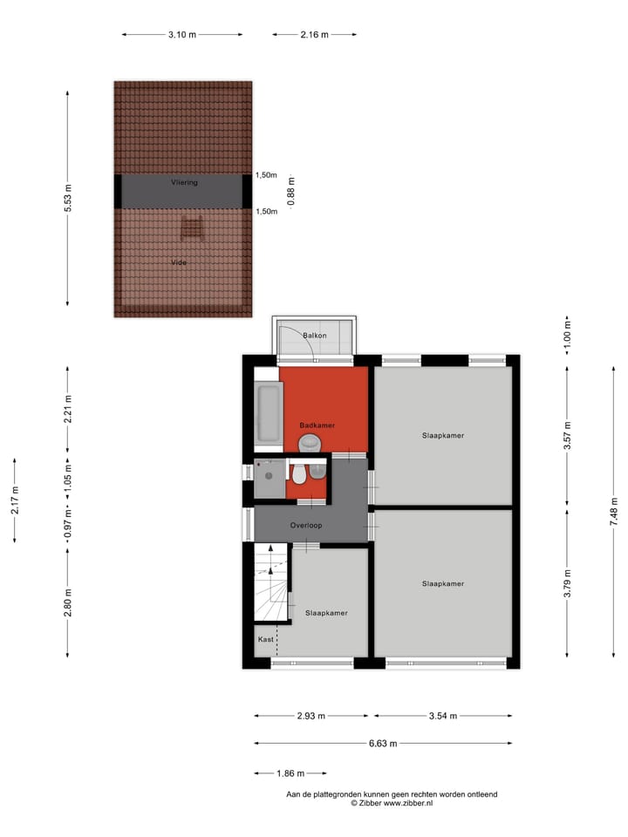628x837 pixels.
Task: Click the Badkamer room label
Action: pyautogui.click(x=317, y=425)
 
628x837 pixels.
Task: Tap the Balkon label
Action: pyautogui.click(x=315, y=336)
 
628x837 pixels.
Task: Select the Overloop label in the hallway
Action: pyautogui.click(x=307, y=526)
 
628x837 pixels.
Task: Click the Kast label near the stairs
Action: pyautogui.click(x=265, y=639)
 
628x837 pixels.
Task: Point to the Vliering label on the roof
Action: pyautogui.click(x=184, y=183)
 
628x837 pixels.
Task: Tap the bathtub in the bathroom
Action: pyautogui.click(x=267, y=413)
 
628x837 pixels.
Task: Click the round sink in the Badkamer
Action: pyautogui.click(x=309, y=445)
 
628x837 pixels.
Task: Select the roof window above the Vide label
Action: pyautogui.click(x=192, y=230)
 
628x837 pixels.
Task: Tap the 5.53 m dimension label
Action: pyautogui.click(x=68, y=198)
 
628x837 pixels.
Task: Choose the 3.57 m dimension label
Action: pyautogui.click(x=567, y=441)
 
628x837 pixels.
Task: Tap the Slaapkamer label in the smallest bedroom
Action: pyautogui.click(x=326, y=613)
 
